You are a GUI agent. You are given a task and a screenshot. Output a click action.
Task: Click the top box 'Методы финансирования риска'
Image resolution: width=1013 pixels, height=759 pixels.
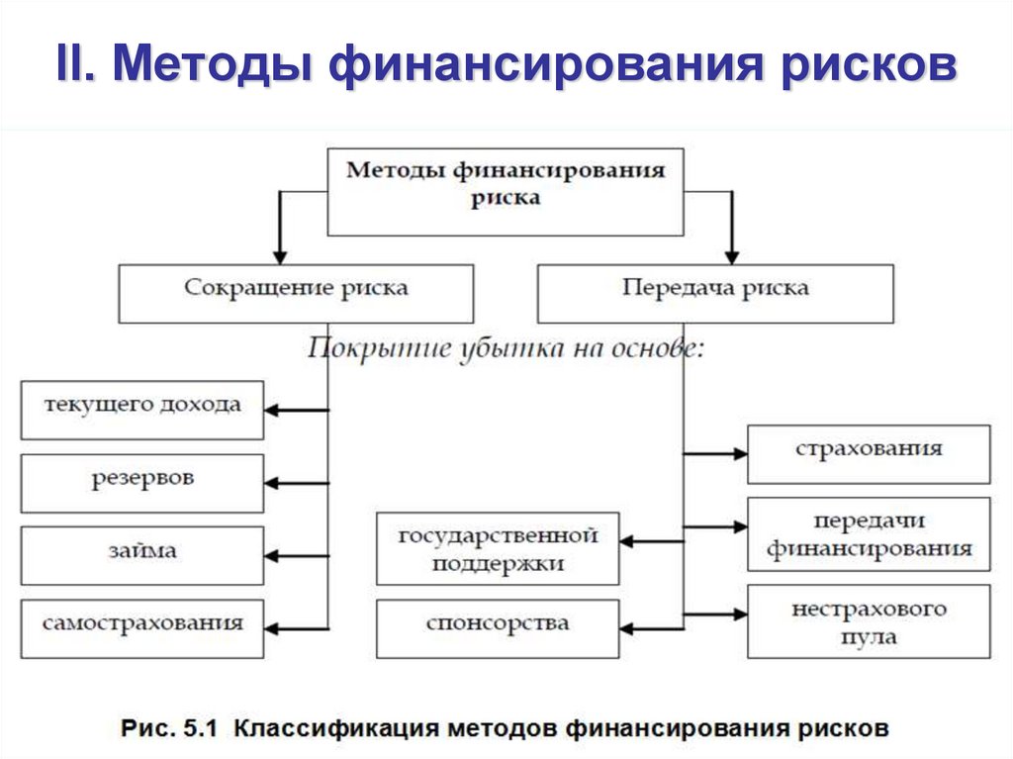(505, 192)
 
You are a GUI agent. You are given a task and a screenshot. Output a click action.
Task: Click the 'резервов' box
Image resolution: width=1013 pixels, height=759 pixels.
(141, 483)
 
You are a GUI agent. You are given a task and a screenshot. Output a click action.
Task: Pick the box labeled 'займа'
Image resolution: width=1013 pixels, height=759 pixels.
(141, 555)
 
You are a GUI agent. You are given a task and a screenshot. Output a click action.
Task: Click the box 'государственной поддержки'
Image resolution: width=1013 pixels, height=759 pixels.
(498, 548)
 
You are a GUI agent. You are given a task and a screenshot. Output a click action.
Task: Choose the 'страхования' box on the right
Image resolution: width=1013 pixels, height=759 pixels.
(868, 453)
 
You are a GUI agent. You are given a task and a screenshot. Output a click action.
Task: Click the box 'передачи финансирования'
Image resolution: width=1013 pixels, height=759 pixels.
(868, 533)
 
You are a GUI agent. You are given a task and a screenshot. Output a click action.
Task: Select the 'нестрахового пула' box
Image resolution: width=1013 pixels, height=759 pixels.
(868, 621)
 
